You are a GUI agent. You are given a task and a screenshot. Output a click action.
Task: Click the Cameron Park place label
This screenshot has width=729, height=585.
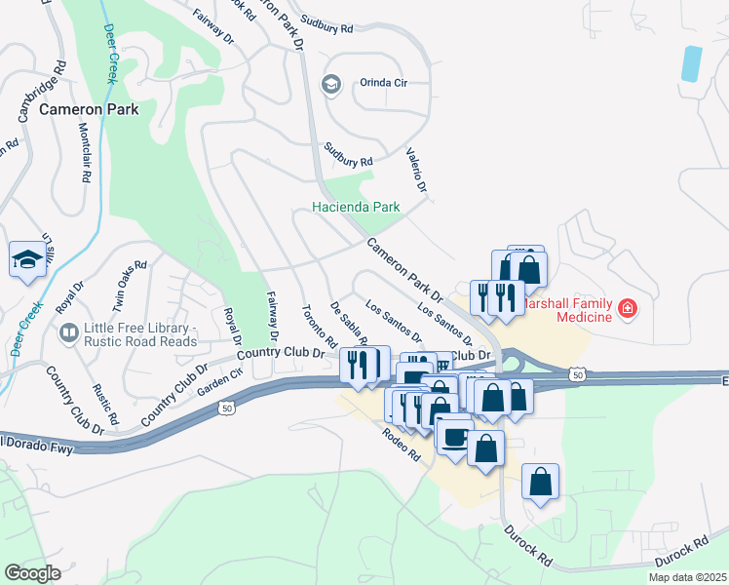pyautogui.click(x=89, y=109)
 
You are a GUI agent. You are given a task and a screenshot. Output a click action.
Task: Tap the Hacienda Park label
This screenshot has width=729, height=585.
pyautogui.click(x=357, y=207)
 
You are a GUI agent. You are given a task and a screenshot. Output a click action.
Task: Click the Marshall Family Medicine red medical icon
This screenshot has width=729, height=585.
pyautogui.click(x=628, y=310)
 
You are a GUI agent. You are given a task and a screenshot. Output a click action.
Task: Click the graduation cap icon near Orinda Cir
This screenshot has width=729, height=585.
pyautogui.click(x=331, y=84)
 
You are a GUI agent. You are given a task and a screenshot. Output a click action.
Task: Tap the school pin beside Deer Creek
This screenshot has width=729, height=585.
pyautogui.click(x=26, y=260)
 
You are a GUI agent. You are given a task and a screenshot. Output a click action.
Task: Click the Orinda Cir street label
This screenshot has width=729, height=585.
pyautogui.click(x=383, y=83)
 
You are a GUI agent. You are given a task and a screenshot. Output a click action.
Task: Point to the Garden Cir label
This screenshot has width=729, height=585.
pyautogui.click(x=219, y=381)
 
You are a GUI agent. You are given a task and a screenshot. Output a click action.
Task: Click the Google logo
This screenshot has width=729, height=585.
pyautogui.click(x=32, y=573)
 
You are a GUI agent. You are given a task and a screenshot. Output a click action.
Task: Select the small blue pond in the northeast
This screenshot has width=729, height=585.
pyautogui.click(x=691, y=63)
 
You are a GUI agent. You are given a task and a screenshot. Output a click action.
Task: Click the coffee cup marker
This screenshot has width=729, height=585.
pyautogui.click(x=454, y=436)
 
